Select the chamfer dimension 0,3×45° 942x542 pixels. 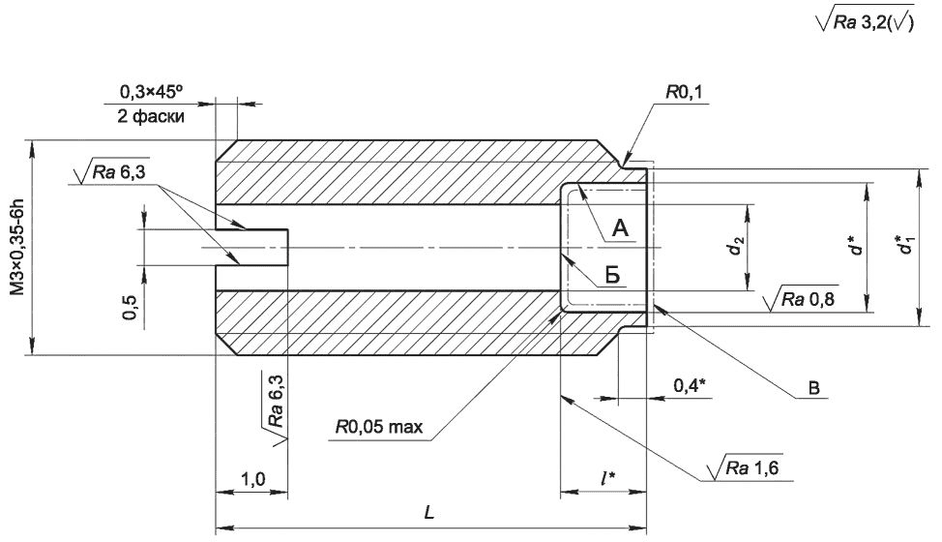(x=151, y=91)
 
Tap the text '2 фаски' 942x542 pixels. (x=151, y=116)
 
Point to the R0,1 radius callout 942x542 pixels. (x=684, y=92)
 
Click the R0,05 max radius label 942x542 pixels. (x=379, y=427)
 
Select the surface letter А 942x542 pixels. (x=620, y=227)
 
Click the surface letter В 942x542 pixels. (x=813, y=387)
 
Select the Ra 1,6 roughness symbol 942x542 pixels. (x=746, y=467)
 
